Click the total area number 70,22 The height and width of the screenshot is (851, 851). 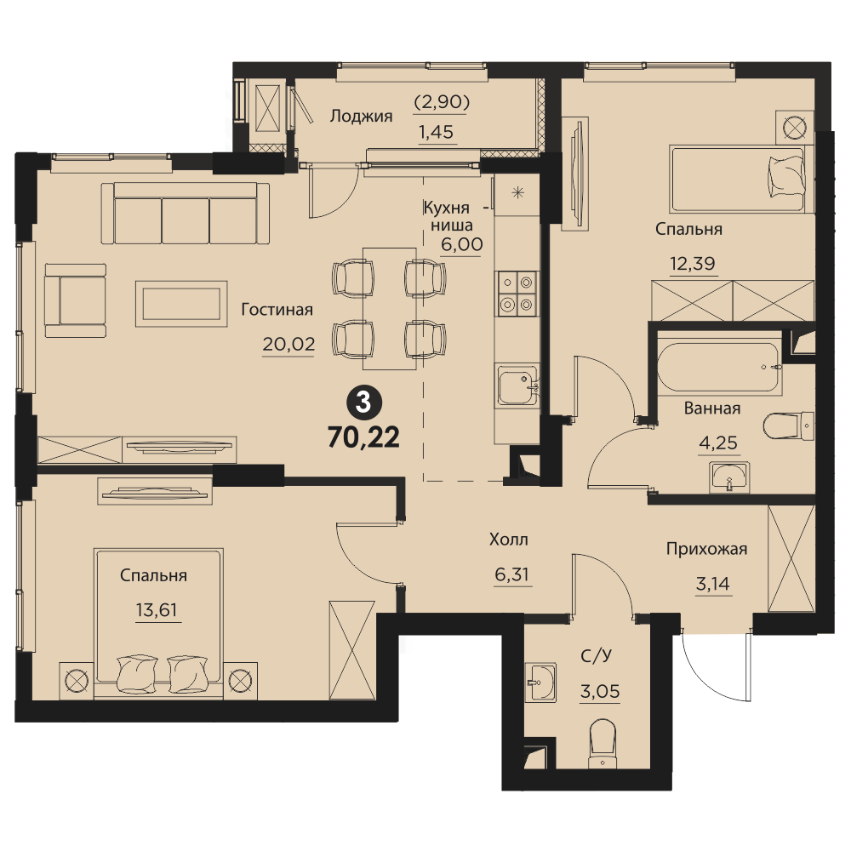pos(363,437)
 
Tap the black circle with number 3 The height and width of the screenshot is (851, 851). pos(363,403)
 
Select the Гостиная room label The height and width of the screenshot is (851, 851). pos(277,310)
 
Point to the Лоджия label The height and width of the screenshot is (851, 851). pos(361,116)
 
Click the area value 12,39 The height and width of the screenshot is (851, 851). pos(693,264)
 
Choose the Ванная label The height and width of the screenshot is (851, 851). pos(712,408)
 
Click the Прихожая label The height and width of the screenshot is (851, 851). pos(706,549)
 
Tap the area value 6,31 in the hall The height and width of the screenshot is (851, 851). pos(511,574)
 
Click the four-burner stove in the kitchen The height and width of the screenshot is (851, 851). pos(517,293)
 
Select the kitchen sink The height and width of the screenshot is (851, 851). pos(517,386)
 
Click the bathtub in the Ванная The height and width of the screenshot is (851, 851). pos(720,367)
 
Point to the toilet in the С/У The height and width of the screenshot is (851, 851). pos(603,744)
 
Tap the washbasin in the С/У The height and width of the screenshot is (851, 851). pos(540,682)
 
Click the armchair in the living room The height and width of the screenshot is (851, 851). pos(76,300)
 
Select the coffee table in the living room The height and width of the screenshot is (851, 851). pos(181,304)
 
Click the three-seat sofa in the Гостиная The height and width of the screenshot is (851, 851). pos(185,214)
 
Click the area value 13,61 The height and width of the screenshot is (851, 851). pos(157,610)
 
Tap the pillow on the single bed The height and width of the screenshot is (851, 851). pos(785,177)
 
